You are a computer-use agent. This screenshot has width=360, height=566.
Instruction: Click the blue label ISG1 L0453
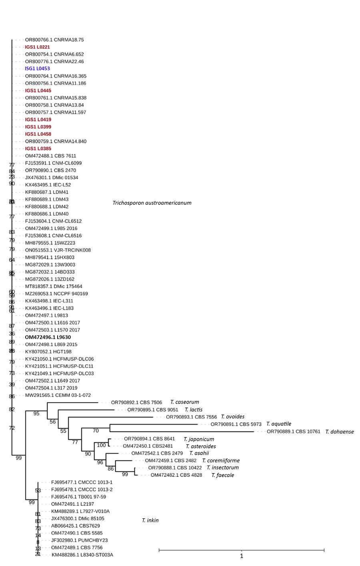tap(37, 69)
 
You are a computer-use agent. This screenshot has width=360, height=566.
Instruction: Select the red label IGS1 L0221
tap(37, 47)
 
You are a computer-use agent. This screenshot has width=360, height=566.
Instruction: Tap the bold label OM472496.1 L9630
tap(48, 337)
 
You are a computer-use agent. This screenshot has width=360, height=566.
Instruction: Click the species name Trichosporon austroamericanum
tap(152, 203)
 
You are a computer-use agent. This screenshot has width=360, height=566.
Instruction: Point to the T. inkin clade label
tap(150, 520)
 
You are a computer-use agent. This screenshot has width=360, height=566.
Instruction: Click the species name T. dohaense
tap(339, 432)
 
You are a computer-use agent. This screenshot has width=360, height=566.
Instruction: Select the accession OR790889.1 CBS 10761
tap(293, 432)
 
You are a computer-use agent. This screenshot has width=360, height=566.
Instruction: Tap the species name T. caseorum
tap(184, 402)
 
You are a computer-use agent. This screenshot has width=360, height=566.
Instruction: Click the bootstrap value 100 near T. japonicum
tap(102, 445)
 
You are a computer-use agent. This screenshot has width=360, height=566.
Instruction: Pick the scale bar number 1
tap(241, 556)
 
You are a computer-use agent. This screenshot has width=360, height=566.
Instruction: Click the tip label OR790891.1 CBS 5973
tap(236, 424)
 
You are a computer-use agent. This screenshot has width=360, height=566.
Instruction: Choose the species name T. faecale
tap(222, 476)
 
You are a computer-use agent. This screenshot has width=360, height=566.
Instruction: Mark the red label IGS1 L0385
tap(38, 149)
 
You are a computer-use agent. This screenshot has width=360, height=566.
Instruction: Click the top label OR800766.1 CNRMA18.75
tap(54, 40)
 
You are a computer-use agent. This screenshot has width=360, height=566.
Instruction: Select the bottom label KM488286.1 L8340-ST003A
tap(82, 555)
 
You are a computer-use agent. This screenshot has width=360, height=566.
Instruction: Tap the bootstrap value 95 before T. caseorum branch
tap(36, 414)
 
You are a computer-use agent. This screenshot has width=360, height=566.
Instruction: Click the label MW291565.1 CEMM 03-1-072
tap(58, 395)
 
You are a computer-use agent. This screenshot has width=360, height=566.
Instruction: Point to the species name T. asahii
tap(199, 454)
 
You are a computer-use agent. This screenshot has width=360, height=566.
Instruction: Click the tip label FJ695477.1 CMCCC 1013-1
tap(82, 482)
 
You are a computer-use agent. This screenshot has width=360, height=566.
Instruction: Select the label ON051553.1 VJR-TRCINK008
tap(58, 250)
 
